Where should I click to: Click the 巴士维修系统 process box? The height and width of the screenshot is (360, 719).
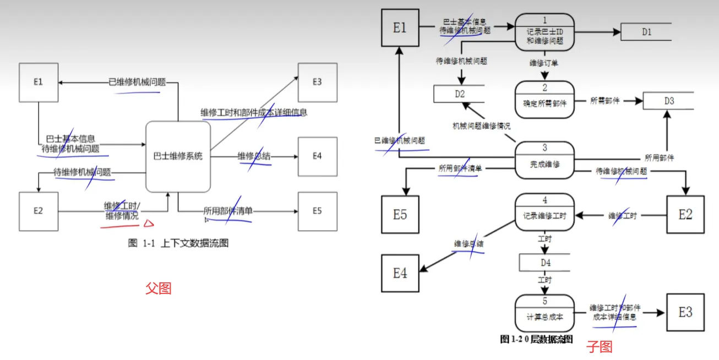(x=178, y=156)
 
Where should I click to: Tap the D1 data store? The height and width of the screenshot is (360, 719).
(x=646, y=32)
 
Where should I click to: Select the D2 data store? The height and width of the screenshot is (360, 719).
(x=459, y=94)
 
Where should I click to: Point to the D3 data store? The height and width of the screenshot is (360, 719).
(x=668, y=101)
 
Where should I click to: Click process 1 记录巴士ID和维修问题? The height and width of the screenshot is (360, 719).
(x=544, y=32)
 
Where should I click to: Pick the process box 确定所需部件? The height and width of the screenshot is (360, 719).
(x=544, y=99)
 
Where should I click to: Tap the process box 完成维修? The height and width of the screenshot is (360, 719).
(x=544, y=160)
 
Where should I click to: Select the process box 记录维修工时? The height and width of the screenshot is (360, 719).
(x=544, y=212)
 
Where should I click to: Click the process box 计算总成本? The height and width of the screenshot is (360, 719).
(x=544, y=313)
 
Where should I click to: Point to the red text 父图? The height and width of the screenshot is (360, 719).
(x=158, y=288)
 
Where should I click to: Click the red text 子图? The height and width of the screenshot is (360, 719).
(x=598, y=347)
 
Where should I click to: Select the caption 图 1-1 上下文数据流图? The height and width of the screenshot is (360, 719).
(x=178, y=243)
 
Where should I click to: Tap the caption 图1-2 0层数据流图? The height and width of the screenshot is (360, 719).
(x=537, y=339)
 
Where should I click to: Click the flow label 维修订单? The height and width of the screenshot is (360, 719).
(x=543, y=63)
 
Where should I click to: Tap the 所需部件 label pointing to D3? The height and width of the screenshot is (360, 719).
(x=604, y=101)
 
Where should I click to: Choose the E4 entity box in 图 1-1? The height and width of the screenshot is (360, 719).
(x=317, y=156)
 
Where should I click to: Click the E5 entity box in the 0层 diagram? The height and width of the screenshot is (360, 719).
(x=400, y=214)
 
